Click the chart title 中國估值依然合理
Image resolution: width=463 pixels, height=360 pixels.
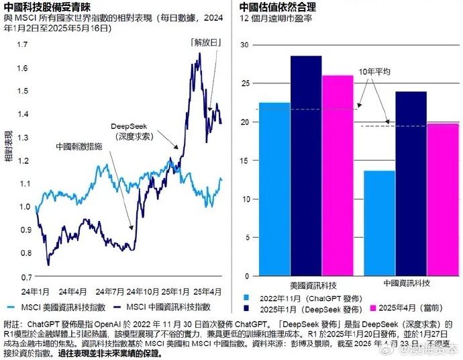coord(278,6)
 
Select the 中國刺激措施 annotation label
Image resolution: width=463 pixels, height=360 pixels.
coord(79,145)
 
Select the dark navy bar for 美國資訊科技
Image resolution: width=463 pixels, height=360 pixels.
coord(305,166)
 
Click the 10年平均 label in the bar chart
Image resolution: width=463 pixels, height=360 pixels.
coord(374,71)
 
